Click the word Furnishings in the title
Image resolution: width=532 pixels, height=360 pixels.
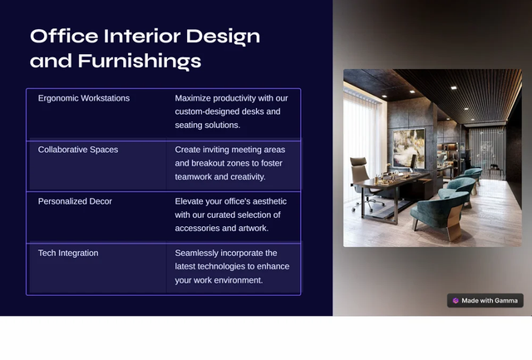140,62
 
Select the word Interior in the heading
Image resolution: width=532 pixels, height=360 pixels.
142,36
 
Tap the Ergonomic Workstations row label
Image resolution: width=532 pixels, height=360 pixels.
84,98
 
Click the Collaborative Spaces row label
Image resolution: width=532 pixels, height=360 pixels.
78,150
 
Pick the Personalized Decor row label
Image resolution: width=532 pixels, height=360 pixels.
75,201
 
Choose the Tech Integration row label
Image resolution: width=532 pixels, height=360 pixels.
68,253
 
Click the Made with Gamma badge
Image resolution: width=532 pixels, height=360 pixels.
485,301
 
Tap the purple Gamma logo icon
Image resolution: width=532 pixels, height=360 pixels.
456,301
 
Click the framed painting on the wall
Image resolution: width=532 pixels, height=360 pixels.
409,148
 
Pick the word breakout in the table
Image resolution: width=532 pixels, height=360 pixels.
208,163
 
